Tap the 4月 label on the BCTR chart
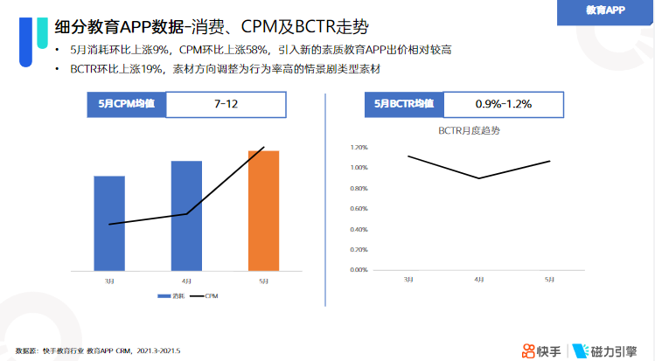tap(479, 280)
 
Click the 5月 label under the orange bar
tap(263, 281)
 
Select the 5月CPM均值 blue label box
tap(126, 104)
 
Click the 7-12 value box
tap(226, 104)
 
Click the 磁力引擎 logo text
tap(612, 350)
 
